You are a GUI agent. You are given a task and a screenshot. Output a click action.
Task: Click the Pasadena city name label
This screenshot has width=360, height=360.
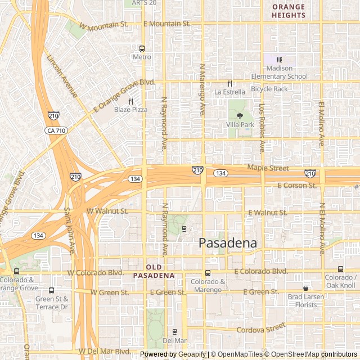point(228,243)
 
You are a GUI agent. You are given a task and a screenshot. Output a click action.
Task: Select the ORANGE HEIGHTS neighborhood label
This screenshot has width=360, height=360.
point(289,11)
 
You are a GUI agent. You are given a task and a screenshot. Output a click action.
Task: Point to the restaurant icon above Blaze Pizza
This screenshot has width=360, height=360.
point(130,101)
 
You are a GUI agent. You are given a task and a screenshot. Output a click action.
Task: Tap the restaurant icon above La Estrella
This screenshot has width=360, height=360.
point(229,83)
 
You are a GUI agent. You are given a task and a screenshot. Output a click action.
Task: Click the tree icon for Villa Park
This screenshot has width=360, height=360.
point(240,116)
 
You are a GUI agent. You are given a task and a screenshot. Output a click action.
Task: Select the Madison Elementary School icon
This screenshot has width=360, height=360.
point(279,60)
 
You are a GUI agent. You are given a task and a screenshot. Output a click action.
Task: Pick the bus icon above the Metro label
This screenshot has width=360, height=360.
point(142,48)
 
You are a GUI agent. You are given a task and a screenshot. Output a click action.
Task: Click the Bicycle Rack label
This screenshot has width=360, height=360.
point(269,89)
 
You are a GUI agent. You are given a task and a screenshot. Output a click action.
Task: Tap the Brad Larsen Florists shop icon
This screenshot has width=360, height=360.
point(305,288)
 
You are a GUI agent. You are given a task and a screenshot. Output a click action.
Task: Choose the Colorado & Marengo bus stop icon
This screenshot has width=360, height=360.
point(208,273)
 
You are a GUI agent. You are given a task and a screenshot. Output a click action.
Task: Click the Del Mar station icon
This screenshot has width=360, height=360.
point(174,332)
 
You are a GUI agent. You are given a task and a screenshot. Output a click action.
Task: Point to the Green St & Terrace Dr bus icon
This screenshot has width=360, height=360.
point(52,290)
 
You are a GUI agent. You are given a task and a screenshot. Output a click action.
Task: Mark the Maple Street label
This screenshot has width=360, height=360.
point(268,168)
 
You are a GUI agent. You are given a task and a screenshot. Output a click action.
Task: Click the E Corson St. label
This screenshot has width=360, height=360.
point(297,186)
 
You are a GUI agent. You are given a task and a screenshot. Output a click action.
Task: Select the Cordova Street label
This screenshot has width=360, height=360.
point(261,328)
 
